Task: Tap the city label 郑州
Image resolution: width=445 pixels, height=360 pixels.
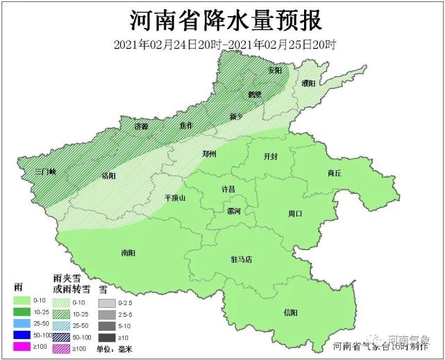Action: (209, 154)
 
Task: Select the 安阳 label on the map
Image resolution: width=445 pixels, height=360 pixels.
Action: (275, 71)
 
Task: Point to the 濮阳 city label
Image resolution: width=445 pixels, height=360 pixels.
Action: (310, 83)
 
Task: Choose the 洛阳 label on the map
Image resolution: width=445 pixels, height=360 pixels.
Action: (109, 175)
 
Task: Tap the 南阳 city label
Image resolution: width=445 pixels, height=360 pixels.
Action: (128, 253)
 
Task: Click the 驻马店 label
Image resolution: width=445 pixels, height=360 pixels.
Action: (241, 259)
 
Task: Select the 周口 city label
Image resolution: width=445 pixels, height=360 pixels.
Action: (296, 214)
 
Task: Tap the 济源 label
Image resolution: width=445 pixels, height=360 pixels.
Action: (142, 126)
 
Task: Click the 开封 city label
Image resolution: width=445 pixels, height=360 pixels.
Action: (270, 157)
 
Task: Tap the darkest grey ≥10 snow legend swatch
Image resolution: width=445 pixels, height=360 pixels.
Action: (106, 337)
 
